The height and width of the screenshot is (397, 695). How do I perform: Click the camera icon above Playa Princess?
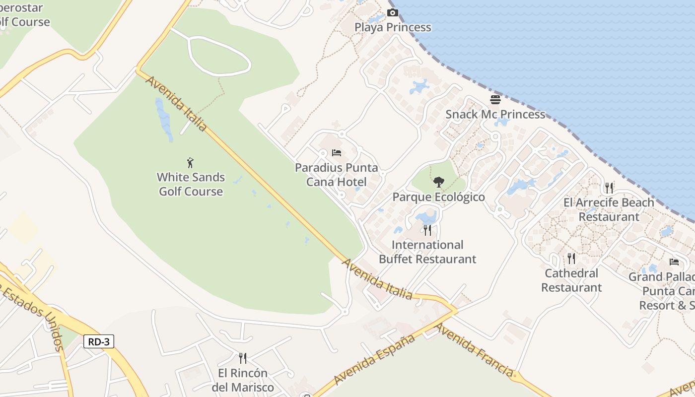click(393, 13)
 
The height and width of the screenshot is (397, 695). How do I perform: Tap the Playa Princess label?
click(393, 27)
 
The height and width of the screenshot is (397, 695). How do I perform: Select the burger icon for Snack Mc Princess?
click(495, 100)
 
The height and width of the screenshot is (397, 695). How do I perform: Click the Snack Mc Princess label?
click(495, 115)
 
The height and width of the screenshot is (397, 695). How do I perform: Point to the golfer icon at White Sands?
click(190, 163)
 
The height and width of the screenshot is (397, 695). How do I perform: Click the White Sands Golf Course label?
click(191, 184)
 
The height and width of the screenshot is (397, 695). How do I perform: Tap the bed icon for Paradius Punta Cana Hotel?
click(337, 153)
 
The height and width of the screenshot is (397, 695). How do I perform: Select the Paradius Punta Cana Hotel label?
click(337, 175)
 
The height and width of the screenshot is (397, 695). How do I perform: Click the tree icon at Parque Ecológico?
click(438, 182)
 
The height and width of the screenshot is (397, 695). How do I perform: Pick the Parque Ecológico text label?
click(438, 197)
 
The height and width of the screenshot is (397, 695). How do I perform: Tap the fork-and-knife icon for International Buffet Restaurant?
click(427, 230)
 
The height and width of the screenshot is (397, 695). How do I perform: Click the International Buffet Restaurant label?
click(427, 252)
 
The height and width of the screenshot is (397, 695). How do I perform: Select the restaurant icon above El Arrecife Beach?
click(609, 188)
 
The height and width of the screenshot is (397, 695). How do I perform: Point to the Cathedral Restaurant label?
click(571, 280)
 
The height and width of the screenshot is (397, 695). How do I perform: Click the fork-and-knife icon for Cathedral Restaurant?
click(571, 259)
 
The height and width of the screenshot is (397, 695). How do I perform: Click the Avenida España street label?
click(374, 360)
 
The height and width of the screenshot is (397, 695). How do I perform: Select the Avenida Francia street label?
click(474, 350)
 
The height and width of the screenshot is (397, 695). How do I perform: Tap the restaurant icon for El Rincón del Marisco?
click(243, 358)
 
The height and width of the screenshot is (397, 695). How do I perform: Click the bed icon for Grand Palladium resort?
click(674, 262)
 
